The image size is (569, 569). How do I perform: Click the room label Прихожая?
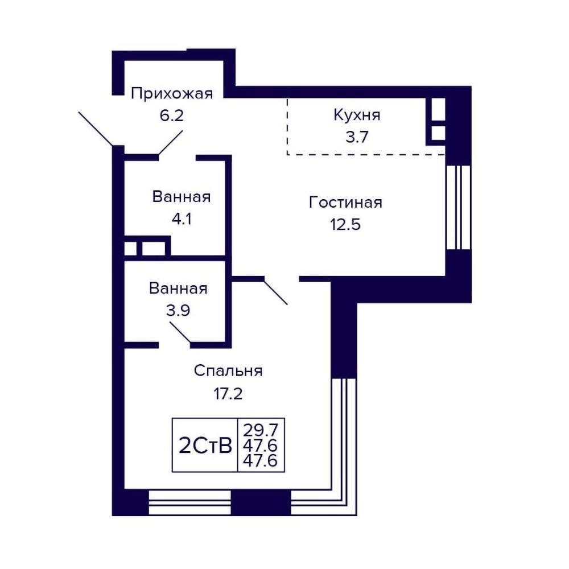click(172, 94)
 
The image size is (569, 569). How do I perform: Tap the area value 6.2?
click(172, 116)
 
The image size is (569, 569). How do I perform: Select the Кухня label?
click(357, 116)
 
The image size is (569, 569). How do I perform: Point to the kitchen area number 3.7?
click(357, 137)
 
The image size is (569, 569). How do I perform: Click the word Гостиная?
click(345, 202)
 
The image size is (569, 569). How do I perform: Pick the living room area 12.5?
click(345, 224)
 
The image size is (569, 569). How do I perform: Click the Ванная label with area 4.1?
click(182, 197)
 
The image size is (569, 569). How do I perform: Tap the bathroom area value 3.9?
click(178, 311)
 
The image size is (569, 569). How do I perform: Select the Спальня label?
click(228, 371)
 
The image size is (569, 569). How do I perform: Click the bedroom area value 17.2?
click(228, 393)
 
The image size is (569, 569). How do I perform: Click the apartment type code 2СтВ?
click(205, 446)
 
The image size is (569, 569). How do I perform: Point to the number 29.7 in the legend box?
click(261, 430)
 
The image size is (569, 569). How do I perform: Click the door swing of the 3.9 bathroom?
click(180, 332)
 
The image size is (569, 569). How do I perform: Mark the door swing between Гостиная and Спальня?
click(276, 291)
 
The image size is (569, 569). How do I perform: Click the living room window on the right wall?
click(458, 207)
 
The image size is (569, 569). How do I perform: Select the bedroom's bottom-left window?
click(190, 502)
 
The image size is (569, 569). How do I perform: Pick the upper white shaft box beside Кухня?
click(438, 109)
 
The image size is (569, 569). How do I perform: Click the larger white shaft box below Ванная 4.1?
click(154, 249)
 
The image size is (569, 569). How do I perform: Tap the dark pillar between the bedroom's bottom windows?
click(261, 502)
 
